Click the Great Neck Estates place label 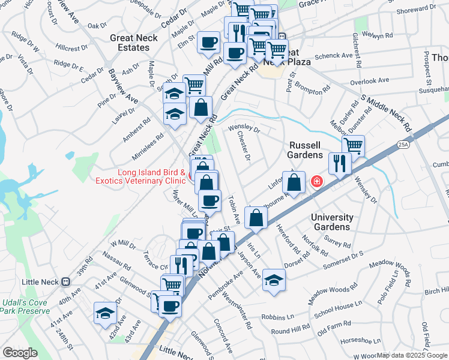130,43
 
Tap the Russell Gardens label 310,150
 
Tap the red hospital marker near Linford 315,181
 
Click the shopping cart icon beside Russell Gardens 354,145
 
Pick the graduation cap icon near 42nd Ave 105,313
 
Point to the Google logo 20,352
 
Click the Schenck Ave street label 334,56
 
